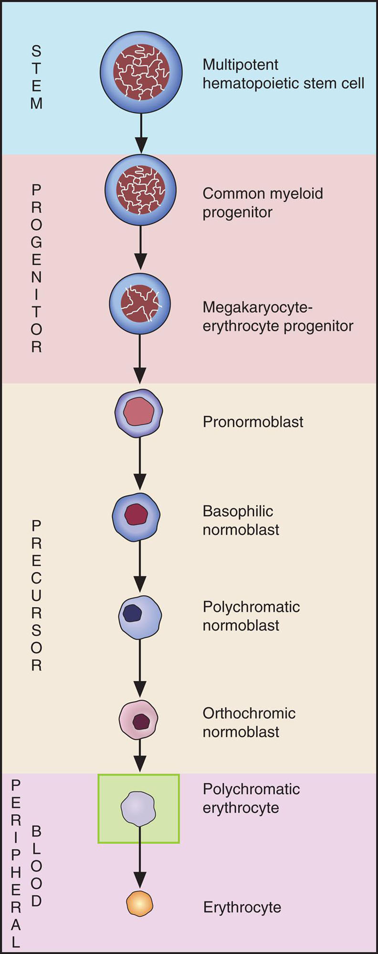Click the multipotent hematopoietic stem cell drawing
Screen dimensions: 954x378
[141, 72]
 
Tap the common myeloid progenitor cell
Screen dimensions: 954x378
[140, 190]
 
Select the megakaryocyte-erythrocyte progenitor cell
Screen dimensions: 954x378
[140, 304]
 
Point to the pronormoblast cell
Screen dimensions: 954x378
[139, 413]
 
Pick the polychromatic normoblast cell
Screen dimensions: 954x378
[140, 617]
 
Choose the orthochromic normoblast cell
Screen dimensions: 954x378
[138, 719]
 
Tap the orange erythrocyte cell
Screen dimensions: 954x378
[140, 904]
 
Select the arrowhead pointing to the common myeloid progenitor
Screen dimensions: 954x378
[141, 145]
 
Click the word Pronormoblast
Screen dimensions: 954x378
[253, 422]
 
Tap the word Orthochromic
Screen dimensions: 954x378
[249, 713]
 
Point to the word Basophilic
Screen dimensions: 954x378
[238, 511]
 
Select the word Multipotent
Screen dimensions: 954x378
[241, 64]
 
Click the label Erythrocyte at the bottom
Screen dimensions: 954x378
[242, 907]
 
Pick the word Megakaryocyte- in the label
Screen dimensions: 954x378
[257, 307]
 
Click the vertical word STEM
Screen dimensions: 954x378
[36, 77]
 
